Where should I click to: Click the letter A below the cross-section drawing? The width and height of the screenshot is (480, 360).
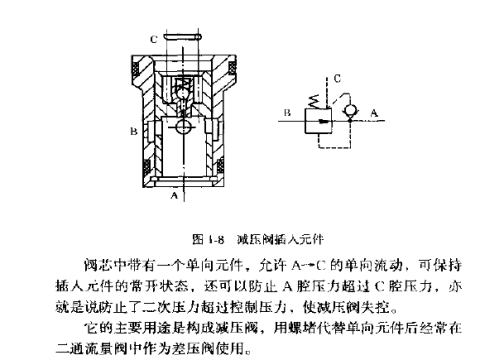coord(177,197)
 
